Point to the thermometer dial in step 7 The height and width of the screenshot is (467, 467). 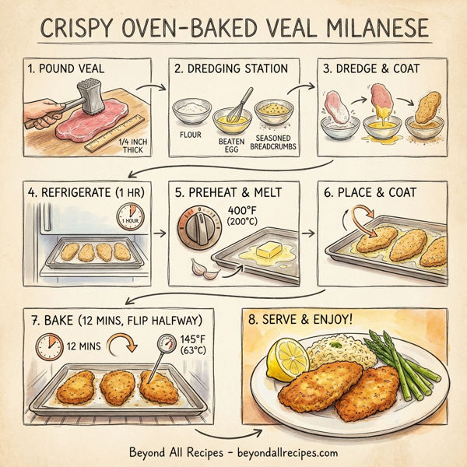coord(168,343)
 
